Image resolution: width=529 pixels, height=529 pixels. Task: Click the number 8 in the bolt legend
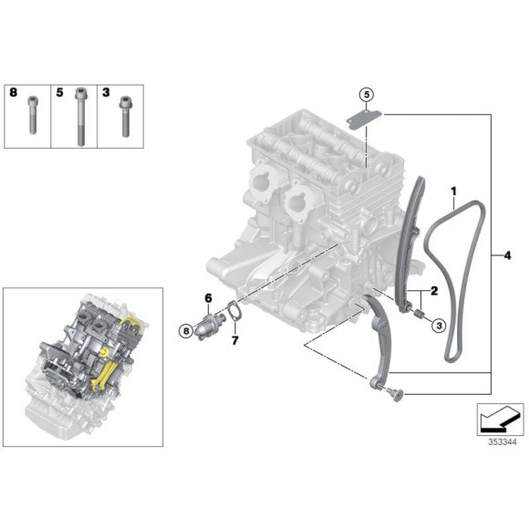(x=14, y=92)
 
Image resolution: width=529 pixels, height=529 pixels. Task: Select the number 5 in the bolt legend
(x=59, y=92)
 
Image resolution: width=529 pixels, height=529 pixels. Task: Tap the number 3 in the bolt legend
(x=106, y=92)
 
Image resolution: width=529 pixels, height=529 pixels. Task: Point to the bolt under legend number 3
(x=123, y=117)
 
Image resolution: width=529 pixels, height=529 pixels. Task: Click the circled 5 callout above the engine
(x=366, y=95)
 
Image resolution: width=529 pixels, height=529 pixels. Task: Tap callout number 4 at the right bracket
(x=507, y=255)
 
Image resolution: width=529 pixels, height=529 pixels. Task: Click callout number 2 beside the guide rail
(x=435, y=291)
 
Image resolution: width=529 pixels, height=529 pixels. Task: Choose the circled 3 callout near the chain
(x=437, y=324)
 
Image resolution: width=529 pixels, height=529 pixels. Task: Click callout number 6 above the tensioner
(x=208, y=297)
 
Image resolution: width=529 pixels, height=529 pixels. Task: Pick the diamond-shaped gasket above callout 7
(x=233, y=313)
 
